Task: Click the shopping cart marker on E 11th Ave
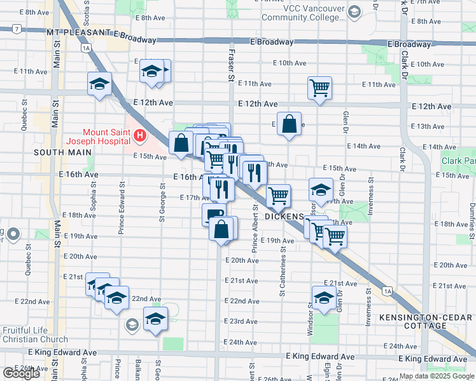tap(319, 87)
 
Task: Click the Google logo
tap(22, 373)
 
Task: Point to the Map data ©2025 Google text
tap(436, 376)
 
